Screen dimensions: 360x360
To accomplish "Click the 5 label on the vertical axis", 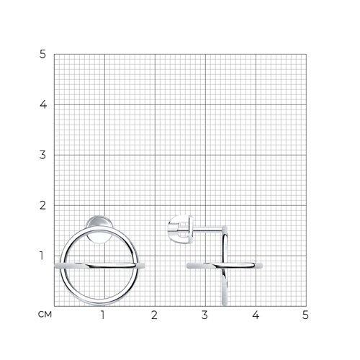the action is [42, 54].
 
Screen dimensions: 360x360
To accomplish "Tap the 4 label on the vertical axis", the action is [43, 104].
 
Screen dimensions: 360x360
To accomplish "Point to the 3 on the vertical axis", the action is [42, 155].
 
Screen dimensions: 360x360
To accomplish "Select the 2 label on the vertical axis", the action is [42, 205].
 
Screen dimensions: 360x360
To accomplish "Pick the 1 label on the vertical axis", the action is [42, 256].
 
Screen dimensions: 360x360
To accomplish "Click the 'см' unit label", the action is [45, 314].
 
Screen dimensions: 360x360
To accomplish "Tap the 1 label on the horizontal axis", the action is [103, 315].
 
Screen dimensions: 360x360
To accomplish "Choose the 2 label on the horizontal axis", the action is [154, 315].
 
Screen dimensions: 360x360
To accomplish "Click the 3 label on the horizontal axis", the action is [204, 315].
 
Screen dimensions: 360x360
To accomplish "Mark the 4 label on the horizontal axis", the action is [256, 315].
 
